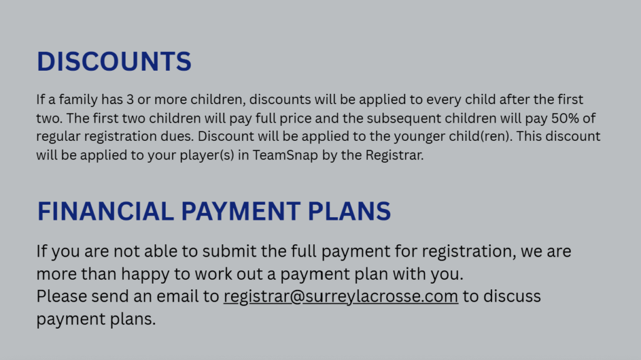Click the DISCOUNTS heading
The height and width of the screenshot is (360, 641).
[114, 62]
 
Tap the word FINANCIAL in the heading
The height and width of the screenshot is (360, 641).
[105, 212]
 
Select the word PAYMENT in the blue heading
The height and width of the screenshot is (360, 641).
[241, 212]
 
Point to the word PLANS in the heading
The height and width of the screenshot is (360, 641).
[349, 212]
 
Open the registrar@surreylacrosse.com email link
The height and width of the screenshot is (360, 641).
[341, 297]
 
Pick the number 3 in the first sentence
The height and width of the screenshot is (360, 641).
[130, 100]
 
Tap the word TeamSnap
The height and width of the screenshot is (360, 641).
[285, 155]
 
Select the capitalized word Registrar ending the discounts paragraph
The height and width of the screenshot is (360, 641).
[394, 155]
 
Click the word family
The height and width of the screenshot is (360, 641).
[78, 100]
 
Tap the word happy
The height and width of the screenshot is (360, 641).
[145, 274]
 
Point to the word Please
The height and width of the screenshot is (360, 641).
[61, 297]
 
